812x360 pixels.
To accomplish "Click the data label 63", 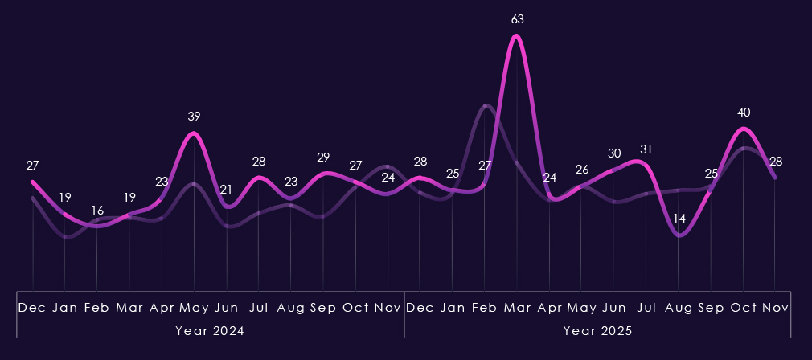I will tap(517, 18).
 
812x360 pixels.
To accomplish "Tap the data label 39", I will tap(194, 117).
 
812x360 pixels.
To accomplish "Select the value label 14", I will tap(679, 219).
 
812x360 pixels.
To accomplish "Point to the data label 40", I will tap(743, 112).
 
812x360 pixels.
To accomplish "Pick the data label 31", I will tap(646, 149).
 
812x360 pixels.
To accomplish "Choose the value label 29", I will tap(323, 157).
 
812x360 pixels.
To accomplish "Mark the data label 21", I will tap(226, 190).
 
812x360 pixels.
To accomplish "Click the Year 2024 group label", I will tap(210, 330).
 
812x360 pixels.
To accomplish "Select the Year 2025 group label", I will tap(597, 330).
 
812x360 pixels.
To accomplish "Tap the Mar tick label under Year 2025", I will tap(517, 308).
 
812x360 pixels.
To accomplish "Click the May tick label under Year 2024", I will tap(194, 308).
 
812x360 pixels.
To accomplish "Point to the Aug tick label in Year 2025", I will tap(679, 308).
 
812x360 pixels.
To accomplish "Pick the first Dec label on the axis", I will tap(32, 308).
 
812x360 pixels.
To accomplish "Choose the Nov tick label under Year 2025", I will tap(775, 308).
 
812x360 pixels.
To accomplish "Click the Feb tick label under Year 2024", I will tap(97, 308).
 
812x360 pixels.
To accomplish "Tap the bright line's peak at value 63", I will tap(517, 35).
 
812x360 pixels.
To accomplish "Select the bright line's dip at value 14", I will tap(679, 235).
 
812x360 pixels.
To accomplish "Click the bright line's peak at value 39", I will tap(194, 133).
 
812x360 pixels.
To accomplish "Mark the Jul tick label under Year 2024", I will tap(259, 308).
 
